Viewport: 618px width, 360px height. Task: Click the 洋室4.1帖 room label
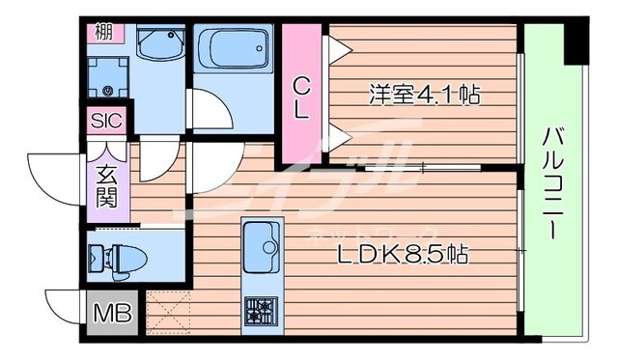click(x=426, y=95)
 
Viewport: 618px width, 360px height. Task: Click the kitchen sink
click(x=262, y=246)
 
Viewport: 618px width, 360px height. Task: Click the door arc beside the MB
click(x=68, y=306)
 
